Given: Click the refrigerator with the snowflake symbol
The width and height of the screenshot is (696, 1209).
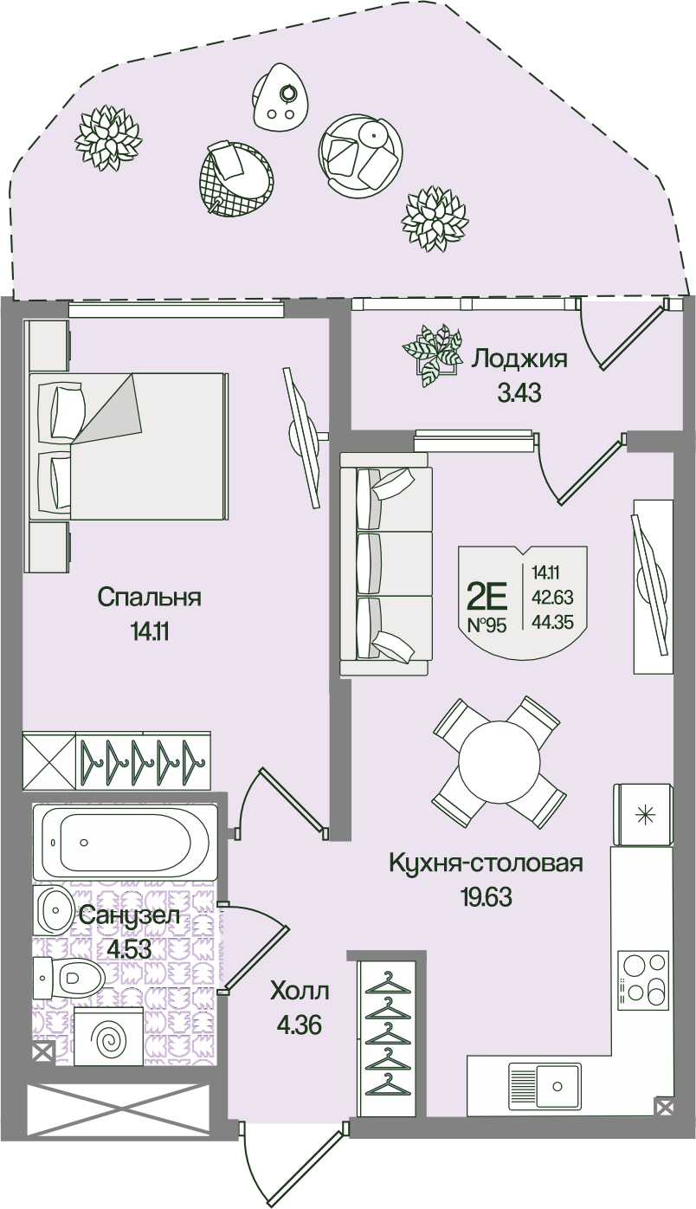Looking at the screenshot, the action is click(x=643, y=814).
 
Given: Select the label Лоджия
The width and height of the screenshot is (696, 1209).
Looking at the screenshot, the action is click(x=519, y=359).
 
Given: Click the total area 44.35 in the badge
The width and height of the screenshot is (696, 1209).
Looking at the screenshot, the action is click(x=552, y=623).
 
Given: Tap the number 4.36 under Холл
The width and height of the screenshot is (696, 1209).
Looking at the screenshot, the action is click(x=300, y=1025).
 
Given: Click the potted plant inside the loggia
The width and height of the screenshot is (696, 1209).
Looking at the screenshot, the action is click(x=433, y=354).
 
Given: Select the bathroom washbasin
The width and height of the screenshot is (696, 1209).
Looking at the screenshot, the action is click(x=53, y=910).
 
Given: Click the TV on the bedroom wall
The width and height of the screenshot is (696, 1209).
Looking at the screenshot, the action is click(x=303, y=437).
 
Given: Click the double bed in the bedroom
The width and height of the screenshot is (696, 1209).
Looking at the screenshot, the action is click(x=127, y=447).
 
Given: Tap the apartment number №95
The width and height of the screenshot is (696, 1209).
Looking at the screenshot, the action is click(x=487, y=625).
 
